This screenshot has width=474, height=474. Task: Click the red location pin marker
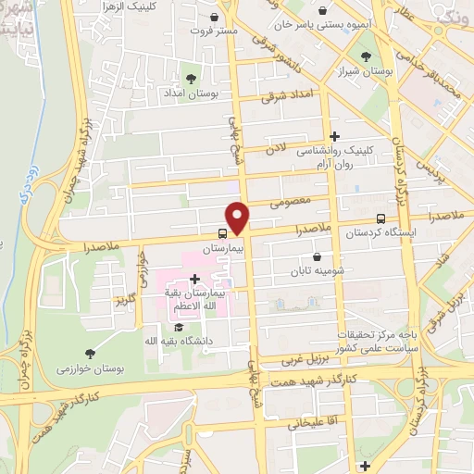tap(238, 217)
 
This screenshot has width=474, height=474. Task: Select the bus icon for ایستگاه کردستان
tap(380, 218)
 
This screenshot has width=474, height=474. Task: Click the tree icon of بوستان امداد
tap(192, 79)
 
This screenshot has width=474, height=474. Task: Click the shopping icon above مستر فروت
tap(215, 17)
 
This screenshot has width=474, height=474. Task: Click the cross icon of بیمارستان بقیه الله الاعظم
tap(194, 279)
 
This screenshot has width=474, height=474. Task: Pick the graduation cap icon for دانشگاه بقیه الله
tap(178, 326)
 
